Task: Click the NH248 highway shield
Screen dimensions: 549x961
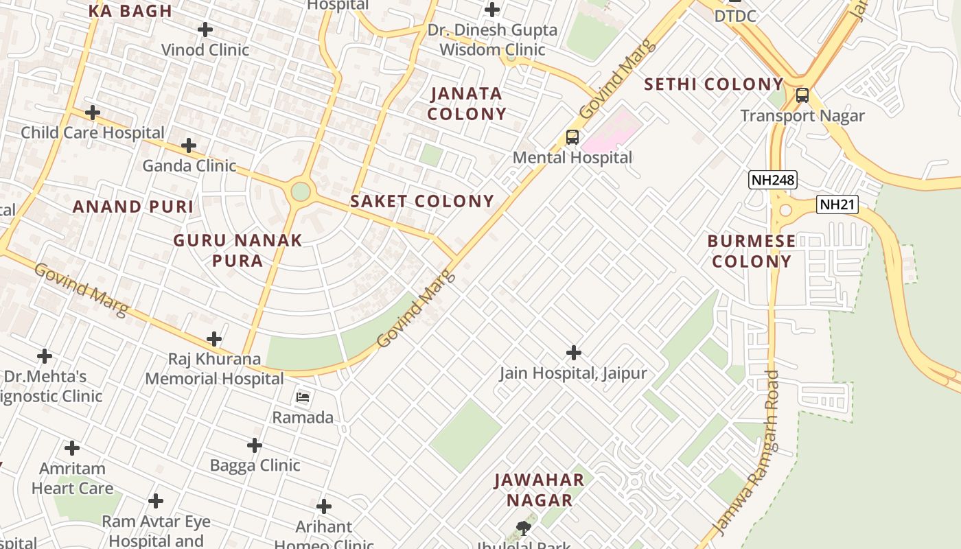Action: click(772, 180)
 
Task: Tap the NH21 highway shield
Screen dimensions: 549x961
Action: click(837, 205)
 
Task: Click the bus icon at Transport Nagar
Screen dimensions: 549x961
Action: click(802, 95)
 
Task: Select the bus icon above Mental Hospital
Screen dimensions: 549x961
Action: click(572, 137)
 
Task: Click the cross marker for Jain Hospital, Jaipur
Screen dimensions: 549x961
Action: click(573, 353)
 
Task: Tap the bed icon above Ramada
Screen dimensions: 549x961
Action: click(303, 397)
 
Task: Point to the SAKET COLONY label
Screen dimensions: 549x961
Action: click(422, 201)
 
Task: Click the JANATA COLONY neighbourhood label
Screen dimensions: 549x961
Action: click(467, 104)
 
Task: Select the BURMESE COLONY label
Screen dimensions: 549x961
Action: click(752, 251)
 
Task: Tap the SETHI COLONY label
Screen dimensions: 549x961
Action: click(714, 84)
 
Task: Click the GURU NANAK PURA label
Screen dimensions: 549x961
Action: click(238, 250)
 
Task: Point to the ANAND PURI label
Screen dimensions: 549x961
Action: click(133, 207)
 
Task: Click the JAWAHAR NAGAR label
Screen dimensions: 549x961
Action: click(540, 490)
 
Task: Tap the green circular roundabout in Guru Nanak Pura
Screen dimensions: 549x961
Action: click(301, 191)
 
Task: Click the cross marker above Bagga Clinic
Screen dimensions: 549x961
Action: click(255, 445)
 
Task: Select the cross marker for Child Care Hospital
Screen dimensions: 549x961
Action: click(93, 113)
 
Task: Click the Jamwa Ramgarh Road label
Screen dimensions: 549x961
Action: click(746, 453)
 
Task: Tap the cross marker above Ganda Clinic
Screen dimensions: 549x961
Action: click(189, 145)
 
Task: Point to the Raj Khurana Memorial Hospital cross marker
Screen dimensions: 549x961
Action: click(214, 339)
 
